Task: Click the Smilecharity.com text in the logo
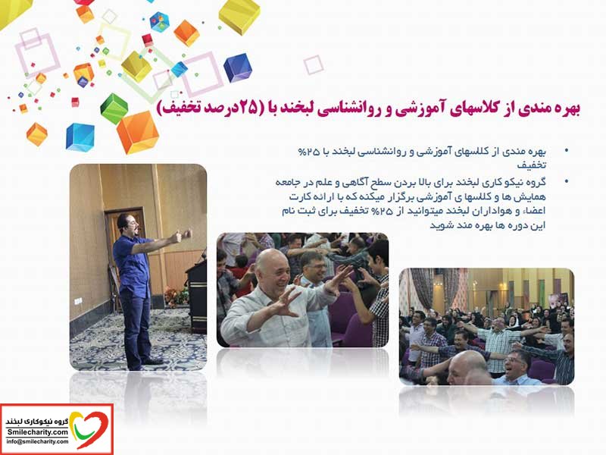[x=37, y=432]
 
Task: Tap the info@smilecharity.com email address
[x=37, y=441]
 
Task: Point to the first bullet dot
[x=566, y=150]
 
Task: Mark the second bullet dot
[x=566, y=180]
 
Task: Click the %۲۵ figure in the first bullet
[x=309, y=152]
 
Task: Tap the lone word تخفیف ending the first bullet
[x=532, y=165]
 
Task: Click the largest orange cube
[x=138, y=132]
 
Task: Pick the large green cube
[x=114, y=108]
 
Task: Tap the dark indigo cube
[x=237, y=68]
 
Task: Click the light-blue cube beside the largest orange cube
[x=80, y=137]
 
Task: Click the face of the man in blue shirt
[x=130, y=225]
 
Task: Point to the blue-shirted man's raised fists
[x=182, y=235]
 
